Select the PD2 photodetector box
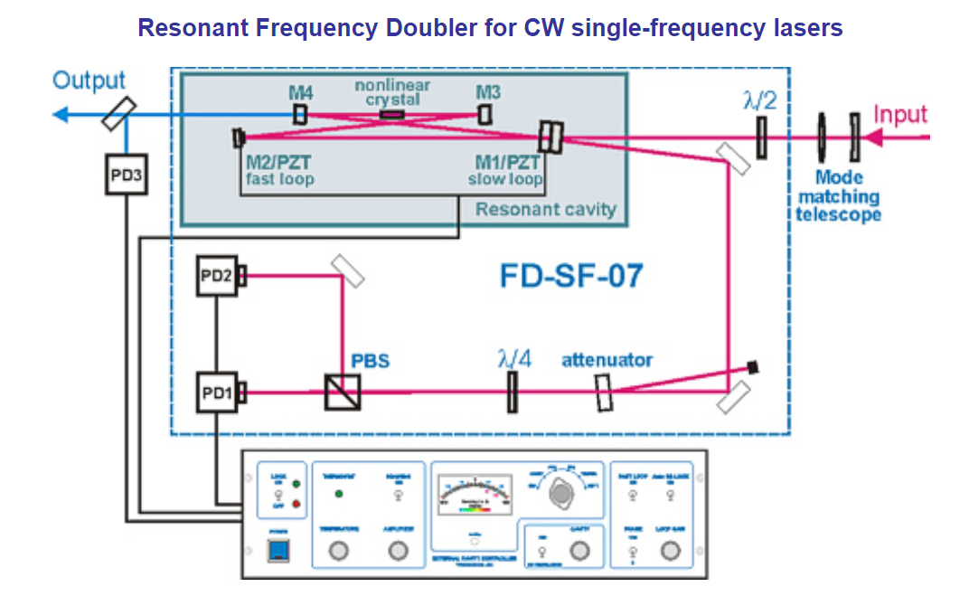point(217,275)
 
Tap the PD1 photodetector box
point(217,392)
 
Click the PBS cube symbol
point(342,393)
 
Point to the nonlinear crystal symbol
point(392,115)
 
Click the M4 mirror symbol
point(300,114)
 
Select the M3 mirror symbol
point(485,114)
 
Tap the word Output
point(89,80)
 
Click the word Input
point(900,115)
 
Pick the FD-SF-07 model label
point(571,275)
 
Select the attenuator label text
point(607,360)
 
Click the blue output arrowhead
point(60,115)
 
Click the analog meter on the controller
point(475,500)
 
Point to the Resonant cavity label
point(545,210)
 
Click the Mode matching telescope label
point(838,196)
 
